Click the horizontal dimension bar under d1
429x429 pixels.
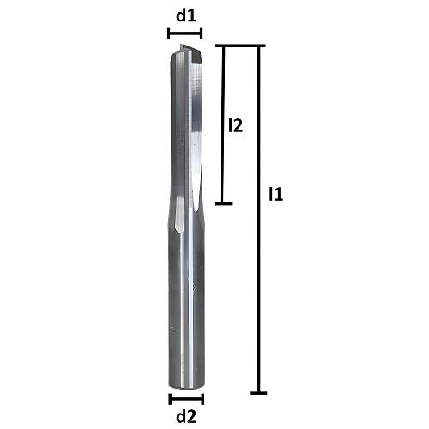[x=184, y=34]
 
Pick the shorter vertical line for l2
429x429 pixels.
[x=223, y=129]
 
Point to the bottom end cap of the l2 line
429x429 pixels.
[x=223, y=204]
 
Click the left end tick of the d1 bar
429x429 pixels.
[x=168, y=34]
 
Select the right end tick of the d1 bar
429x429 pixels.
[x=202, y=34]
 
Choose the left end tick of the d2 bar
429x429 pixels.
[x=169, y=399]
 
